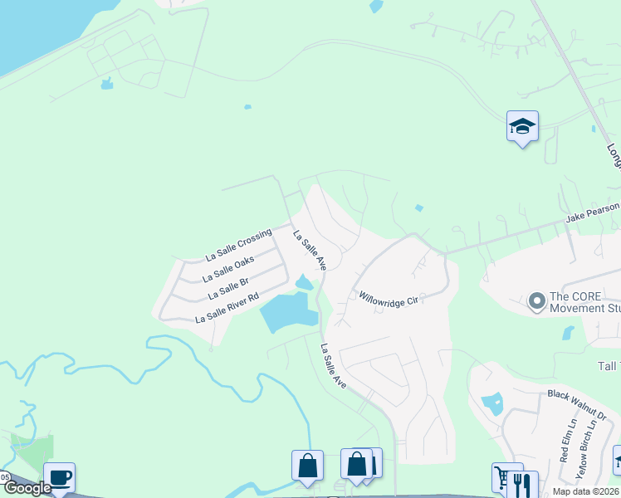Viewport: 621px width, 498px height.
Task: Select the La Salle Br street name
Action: [x=228, y=287]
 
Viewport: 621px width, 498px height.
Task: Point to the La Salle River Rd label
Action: [x=227, y=307]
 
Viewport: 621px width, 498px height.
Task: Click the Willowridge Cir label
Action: [x=387, y=299]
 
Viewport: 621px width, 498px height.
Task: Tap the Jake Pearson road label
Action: [x=592, y=213]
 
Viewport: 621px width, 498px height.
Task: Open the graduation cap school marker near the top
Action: [x=522, y=127]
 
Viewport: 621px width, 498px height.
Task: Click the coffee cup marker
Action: [x=59, y=478]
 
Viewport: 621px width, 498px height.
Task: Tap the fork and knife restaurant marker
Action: [x=522, y=484]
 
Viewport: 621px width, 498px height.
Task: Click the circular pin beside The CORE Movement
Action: [x=536, y=300]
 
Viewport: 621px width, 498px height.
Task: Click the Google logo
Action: [x=27, y=488]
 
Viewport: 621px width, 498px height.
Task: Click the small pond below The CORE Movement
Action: [x=568, y=333]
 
